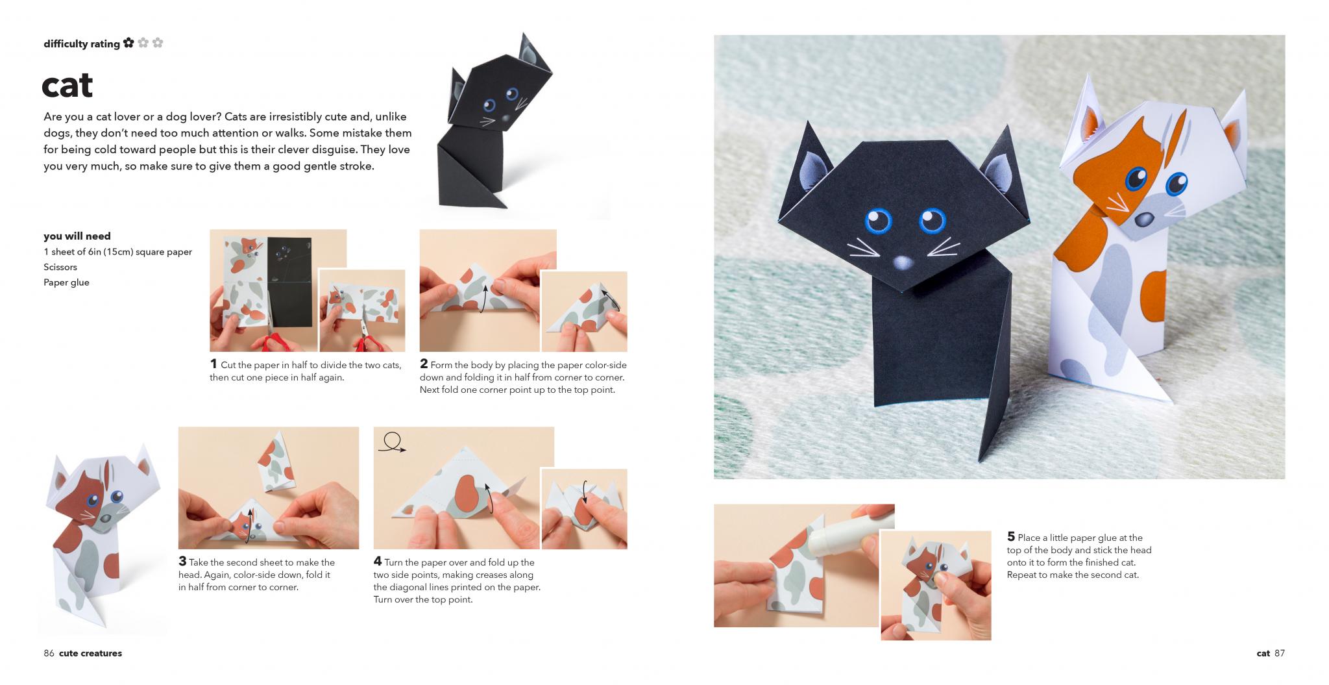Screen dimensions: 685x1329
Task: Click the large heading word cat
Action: (x=67, y=86)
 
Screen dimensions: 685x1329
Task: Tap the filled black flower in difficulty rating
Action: (x=128, y=43)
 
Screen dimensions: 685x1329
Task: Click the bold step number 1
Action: (x=213, y=364)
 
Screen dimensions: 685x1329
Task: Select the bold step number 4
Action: (x=378, y=562)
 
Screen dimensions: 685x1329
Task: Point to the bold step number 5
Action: (x=1011, y=537)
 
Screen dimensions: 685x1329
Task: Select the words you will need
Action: (x=77, y=236)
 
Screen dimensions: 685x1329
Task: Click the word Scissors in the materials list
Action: (x=60, y=267)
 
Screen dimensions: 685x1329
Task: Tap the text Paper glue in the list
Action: (x=66, y=282)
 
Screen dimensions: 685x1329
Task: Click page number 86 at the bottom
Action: (x=49, y=653)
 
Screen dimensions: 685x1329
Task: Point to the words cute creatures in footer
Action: (x=90, y=653)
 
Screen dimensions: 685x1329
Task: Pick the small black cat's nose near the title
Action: (x=506, y=119)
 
